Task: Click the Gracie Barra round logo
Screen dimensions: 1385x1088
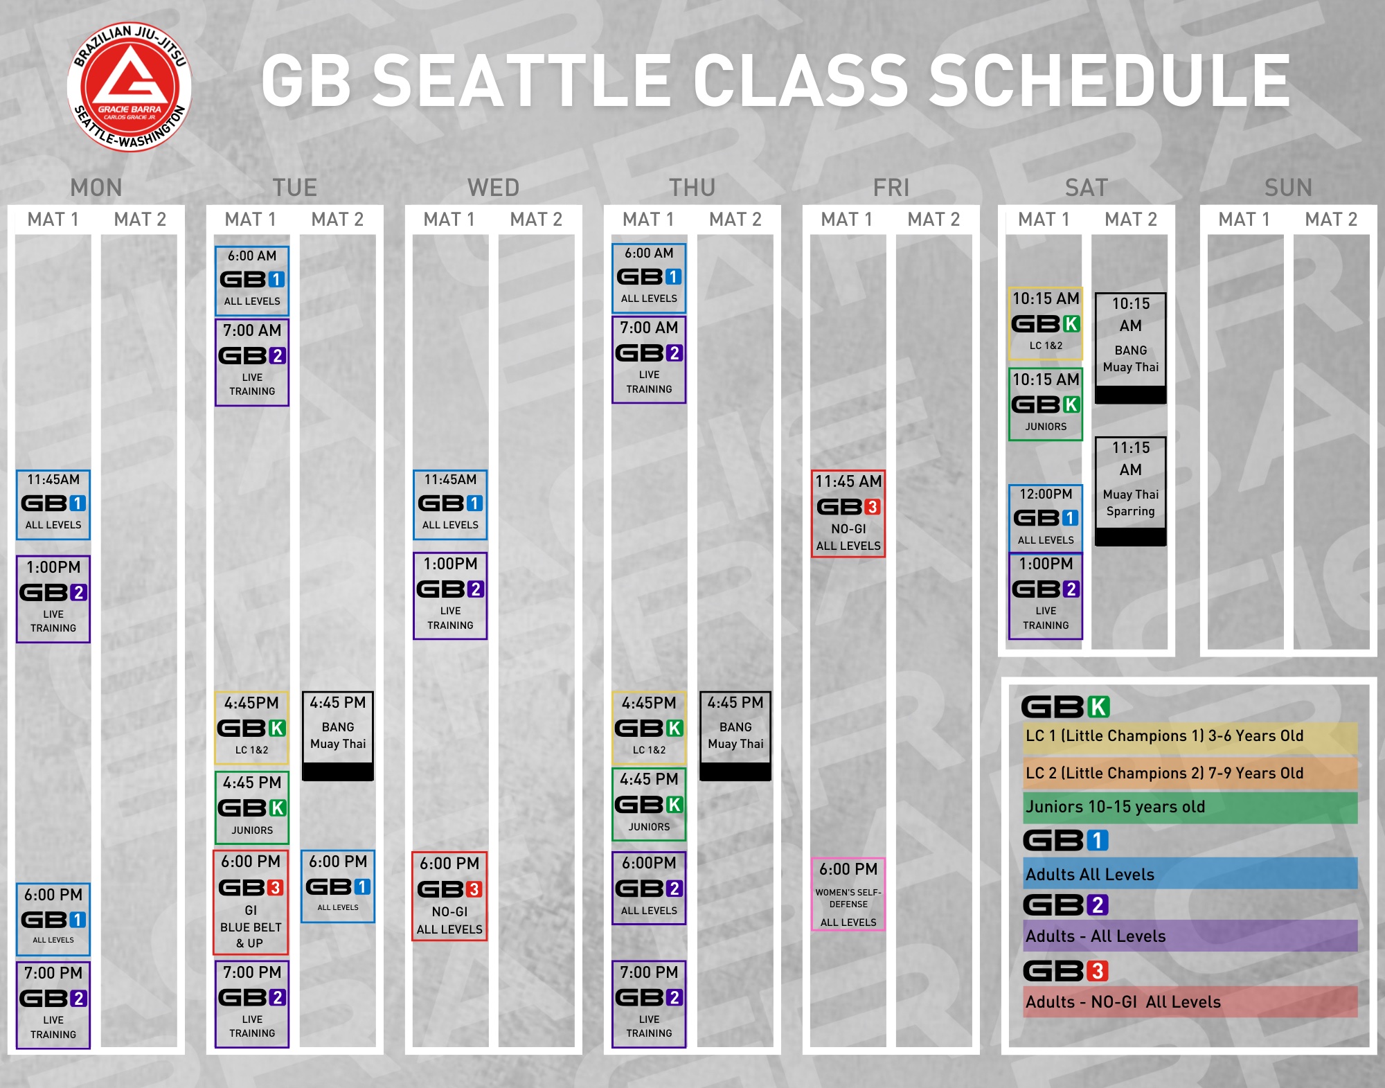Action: point(129,87)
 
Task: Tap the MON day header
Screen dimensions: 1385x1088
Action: point(96,188)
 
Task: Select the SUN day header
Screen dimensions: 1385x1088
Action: point(1288,188)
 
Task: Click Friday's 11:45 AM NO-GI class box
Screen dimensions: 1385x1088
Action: point(848,513)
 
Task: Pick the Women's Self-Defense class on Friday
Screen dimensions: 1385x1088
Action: point(848,894)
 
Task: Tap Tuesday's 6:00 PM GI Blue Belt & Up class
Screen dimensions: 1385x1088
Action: point(251,902)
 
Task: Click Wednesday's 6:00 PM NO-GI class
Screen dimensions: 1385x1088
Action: point(449,896)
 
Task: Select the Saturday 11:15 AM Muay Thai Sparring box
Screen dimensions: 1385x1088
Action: point(1131,491)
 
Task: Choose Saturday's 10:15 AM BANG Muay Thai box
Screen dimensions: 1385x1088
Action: point(1131,348)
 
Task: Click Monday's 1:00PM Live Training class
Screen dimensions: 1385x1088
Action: point(53,599)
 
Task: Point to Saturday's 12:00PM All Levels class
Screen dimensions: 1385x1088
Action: point(1046,518)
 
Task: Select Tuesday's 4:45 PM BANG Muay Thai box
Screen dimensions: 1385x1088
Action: point(338,736)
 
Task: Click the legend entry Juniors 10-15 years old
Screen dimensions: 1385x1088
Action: point(1190,807)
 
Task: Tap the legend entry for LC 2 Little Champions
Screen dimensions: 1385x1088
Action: point(1190,773)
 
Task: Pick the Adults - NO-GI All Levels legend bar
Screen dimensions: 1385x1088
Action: point(1190,1001)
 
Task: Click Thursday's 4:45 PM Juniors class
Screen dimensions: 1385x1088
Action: point(649,804)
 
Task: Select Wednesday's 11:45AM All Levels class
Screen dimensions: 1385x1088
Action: point(450,505)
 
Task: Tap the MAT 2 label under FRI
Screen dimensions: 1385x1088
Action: point(933,220)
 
